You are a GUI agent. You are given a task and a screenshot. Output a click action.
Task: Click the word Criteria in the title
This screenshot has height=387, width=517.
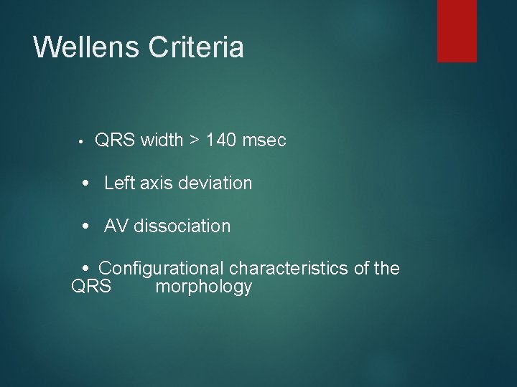coord(196,47)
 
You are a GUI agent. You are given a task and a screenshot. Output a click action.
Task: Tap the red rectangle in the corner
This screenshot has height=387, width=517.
coord(457,30)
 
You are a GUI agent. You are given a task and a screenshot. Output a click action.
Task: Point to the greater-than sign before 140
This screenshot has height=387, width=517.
coord(195,140)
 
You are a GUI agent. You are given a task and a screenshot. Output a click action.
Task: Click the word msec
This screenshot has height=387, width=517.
coord(264,140)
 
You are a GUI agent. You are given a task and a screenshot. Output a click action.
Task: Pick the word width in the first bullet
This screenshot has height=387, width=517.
coord(162,140)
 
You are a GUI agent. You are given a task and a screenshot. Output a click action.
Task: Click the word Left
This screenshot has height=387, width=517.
coord(119,183)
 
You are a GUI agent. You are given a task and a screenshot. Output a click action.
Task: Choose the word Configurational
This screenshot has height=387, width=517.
coord(162,269)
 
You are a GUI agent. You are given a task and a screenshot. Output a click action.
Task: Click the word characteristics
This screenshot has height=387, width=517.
coord(289,269)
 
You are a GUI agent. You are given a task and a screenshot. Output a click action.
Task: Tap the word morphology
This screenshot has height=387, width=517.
coord(203,287)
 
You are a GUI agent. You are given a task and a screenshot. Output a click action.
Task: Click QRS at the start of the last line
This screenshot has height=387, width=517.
coord(91,287)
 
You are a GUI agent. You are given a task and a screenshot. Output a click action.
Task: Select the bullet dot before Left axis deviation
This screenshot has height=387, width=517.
coord(85,183)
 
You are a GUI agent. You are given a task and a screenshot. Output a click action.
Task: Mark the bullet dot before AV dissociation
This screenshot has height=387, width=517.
coord(85,226)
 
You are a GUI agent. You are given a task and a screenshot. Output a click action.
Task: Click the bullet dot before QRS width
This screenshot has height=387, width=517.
coord(83,141)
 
